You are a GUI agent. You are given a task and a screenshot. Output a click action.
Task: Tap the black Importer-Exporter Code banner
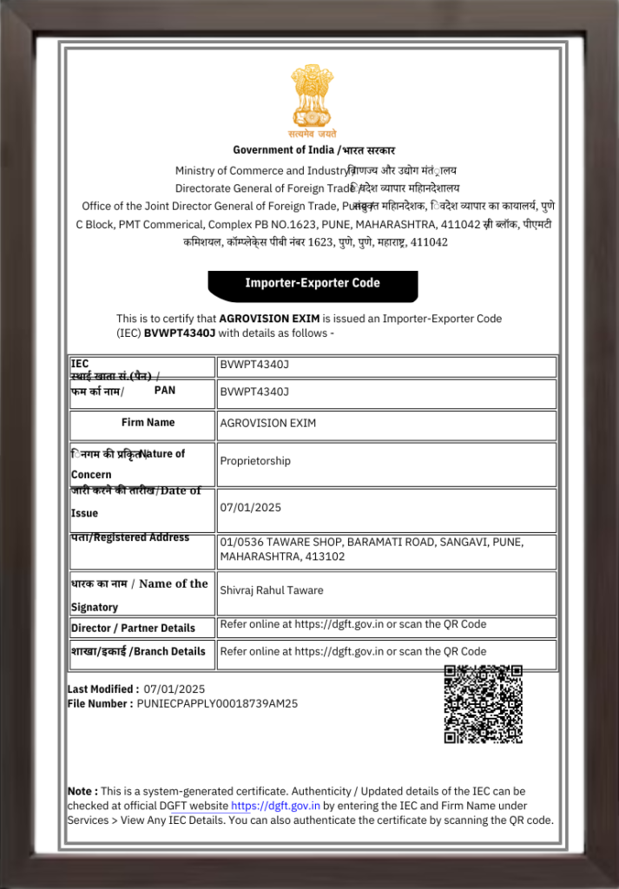click(313, 283)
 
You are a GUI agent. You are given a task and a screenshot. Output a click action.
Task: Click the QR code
click(483, 704)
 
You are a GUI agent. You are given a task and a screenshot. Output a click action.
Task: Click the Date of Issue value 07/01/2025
click(251, 507)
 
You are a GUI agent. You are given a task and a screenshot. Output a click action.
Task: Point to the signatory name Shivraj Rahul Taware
click(272, 590)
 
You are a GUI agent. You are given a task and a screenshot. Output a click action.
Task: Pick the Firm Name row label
click(148, 423)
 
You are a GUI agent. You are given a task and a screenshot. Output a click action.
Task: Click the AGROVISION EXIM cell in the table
click(268, 424)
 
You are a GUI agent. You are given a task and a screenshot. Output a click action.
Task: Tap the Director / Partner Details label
click(133, 628)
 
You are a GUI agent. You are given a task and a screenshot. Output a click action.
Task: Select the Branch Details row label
click(138, 651)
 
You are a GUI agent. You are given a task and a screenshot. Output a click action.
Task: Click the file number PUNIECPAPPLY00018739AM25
click(217, 704)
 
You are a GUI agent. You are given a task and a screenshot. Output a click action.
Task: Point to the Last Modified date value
click(175, 689)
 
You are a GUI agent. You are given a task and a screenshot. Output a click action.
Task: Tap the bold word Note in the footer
click(82, 792)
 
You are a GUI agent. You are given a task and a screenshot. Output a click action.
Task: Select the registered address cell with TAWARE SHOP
click(372, 549)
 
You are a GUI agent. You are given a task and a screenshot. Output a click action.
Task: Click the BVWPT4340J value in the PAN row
click(254, 392)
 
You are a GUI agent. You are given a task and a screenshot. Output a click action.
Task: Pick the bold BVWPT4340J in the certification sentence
click(179, 333)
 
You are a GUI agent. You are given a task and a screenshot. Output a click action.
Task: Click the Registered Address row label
click(129, 537)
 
